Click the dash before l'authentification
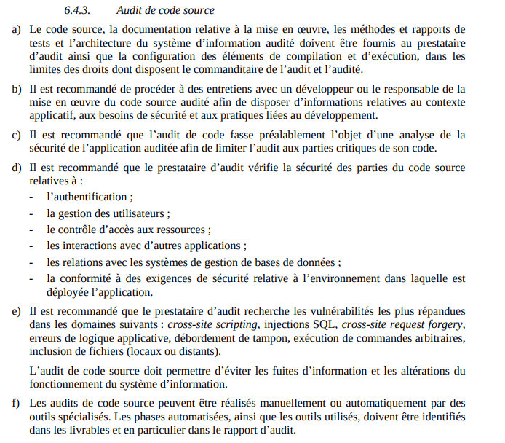click(x=31, y=197)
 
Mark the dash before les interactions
click(x=31, y=246)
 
